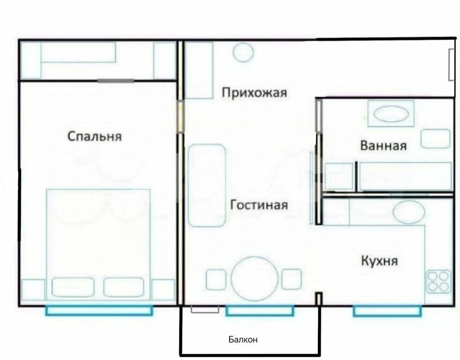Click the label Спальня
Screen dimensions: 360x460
click(95, 136)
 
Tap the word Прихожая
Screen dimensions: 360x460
click(254, 92)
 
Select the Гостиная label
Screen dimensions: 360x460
click(259, 205)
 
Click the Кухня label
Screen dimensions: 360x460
click(379, 260)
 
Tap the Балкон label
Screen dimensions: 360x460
click(243, 339)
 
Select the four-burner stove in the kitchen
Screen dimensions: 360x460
click(438, 281)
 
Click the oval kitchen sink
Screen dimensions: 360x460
click(408, 212)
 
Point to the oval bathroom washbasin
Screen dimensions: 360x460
click(390, 114)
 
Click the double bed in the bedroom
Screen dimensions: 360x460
click(98, 244)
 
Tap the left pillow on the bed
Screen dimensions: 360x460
click(73, 287)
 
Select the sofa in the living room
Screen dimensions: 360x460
click(207, 185)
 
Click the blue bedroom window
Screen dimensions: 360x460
click(99, 310)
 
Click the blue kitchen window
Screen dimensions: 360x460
click(387, 310)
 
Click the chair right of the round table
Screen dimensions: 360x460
click(291, 279)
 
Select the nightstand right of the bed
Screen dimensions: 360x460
click(163, 290)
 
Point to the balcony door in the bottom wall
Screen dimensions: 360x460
click(205, 309)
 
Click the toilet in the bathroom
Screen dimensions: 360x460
click(434, 138)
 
